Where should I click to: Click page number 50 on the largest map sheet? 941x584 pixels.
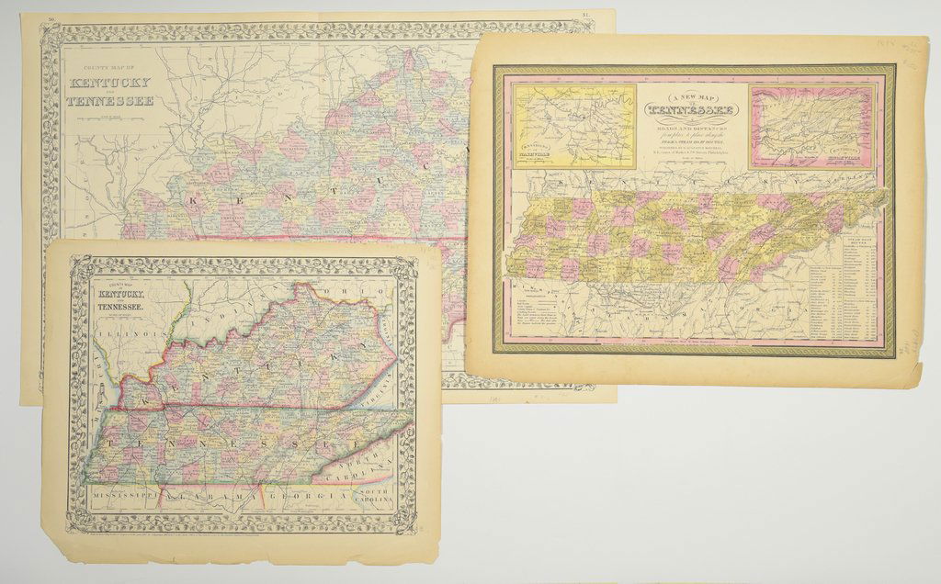tap(51, 17)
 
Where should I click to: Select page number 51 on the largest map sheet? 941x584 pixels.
tap(586, 16)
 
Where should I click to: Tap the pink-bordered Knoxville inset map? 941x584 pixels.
tap(797, 126)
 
